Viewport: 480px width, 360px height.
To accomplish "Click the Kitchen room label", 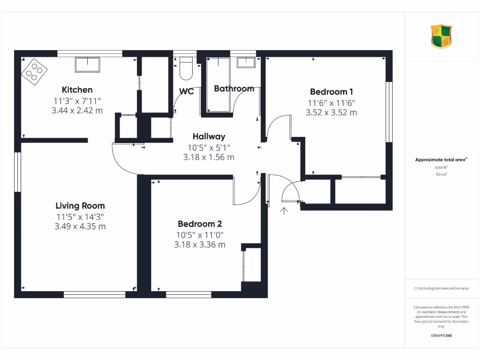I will point(77,90).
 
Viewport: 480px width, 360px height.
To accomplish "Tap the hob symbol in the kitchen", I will point(34,72).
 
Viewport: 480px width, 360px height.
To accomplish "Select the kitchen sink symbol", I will point(87,65).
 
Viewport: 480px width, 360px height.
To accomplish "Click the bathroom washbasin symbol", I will point(245,62).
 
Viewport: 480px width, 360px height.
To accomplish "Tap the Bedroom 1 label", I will point(331,92).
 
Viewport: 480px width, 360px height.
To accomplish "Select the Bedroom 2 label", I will point(199,224).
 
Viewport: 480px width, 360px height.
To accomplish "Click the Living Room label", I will point(80,205).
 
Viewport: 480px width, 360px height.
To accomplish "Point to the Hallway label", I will point(209,136).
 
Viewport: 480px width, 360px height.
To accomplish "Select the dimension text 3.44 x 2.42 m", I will point(77,111).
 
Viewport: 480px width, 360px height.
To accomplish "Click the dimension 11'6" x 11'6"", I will point(331,103).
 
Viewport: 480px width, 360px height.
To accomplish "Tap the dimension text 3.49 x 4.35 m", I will point(80,226).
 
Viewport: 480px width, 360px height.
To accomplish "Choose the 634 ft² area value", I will point(441,167).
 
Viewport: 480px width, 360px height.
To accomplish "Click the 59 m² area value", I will point(441,174).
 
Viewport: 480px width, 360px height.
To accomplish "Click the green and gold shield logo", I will point(441,37).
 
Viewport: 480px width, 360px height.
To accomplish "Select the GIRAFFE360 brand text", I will point(441,336).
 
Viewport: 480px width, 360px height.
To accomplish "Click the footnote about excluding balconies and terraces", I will point(441,288).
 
